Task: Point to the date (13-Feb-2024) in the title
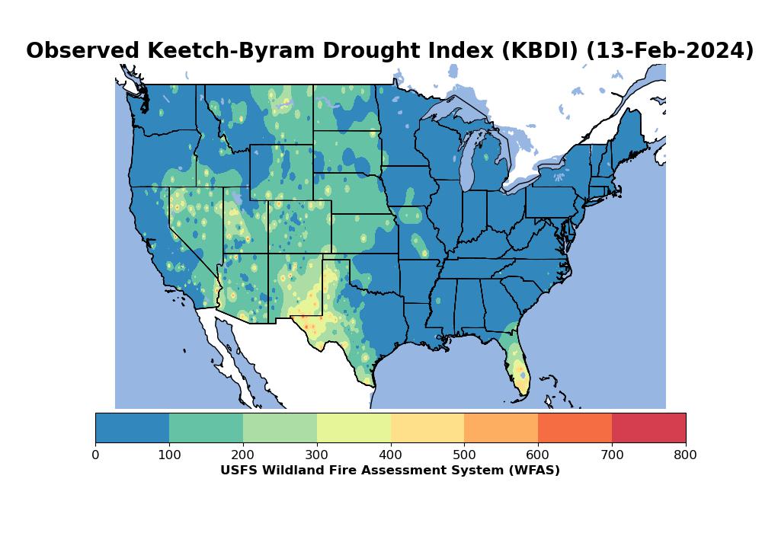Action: click(670, 51)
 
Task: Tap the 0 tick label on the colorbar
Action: click(95, 455)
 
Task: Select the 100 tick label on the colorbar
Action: click(169, 455)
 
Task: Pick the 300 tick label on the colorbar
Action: click(317, 455)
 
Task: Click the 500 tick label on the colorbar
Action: click(464, 455)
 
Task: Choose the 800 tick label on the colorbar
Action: click(686, 455)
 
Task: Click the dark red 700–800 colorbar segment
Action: click(648, 427)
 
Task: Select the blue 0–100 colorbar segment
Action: click(132, 427)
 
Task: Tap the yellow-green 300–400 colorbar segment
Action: click(354, 427)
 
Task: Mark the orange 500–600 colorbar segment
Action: click(501, 427)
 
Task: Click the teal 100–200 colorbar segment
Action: click(206, 427)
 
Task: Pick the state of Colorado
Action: click(299, 226)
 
